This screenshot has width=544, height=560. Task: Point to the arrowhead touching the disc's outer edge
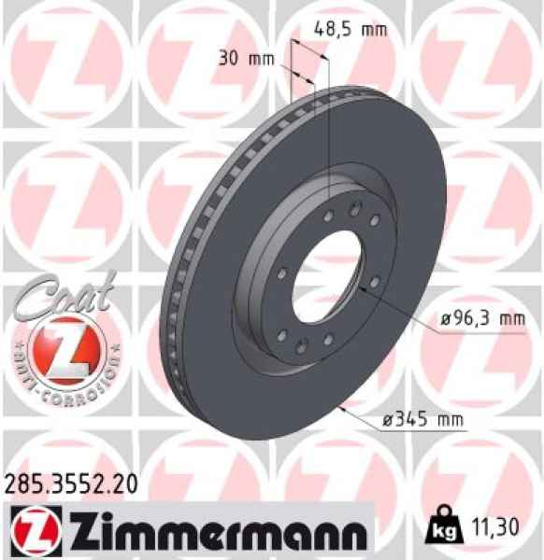344,408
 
